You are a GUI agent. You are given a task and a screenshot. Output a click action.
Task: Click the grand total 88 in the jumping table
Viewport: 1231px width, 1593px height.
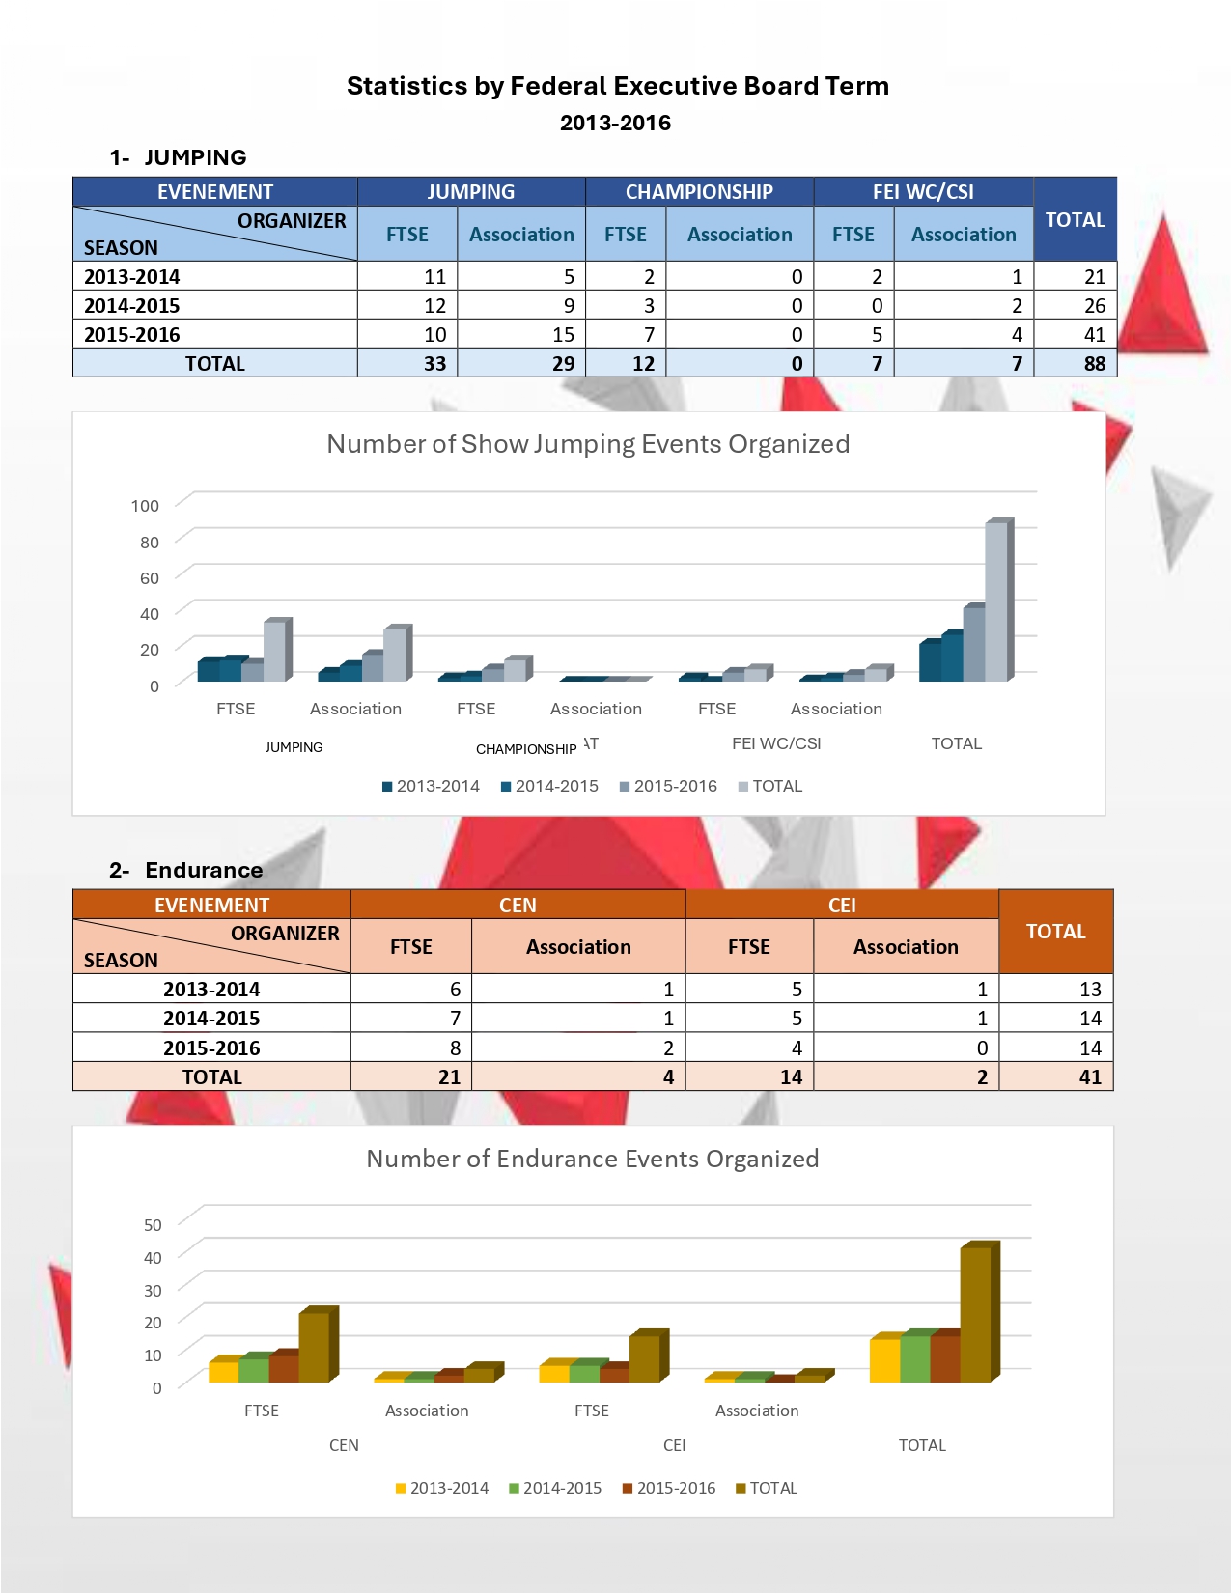click(x=1094, y=364)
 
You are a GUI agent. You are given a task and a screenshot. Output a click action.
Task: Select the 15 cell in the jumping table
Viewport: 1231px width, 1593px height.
click(x=563, y=335)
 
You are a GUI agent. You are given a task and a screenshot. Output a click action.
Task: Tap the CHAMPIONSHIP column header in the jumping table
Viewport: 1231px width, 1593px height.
click(x=699, y=192)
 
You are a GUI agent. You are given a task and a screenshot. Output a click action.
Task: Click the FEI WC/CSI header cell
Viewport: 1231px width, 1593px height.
click(x=923, y=192)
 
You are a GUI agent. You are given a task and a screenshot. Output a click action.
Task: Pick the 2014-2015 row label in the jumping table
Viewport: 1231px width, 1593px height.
click(x=132, y=306)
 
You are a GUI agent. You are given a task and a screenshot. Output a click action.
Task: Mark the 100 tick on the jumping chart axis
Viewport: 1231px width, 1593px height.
click(x=145, y=506)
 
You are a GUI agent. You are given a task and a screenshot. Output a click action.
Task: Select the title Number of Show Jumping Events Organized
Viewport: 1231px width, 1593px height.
click(x=588, y=444)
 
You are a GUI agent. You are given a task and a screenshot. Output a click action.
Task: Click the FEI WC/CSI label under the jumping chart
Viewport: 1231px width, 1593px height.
click(x=776, y=743)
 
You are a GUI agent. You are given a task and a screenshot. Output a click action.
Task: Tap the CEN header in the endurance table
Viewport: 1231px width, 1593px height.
click(x=518, y=906)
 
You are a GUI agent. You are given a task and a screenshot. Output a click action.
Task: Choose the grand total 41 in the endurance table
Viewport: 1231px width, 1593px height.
click(x=1090, y=1077)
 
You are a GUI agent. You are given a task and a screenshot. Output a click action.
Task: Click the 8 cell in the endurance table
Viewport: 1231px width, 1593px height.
click(x=455, y=1048)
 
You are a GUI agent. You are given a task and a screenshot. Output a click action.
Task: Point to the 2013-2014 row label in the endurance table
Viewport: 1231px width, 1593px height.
click(x=211, y=990)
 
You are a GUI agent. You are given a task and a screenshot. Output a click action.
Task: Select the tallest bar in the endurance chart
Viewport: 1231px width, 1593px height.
click(x=976, y=1313)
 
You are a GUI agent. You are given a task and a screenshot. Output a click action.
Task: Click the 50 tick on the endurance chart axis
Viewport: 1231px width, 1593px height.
click(x=153, y=1225)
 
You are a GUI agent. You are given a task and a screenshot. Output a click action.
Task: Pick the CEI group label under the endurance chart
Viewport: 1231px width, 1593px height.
click(x=674, y=1445)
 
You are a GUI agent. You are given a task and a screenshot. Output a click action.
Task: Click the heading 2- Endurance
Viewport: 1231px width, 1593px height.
click(x=186, y=870)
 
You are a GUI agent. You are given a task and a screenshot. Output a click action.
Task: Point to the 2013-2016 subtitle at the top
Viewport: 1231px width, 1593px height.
click(x=615, y=123)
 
